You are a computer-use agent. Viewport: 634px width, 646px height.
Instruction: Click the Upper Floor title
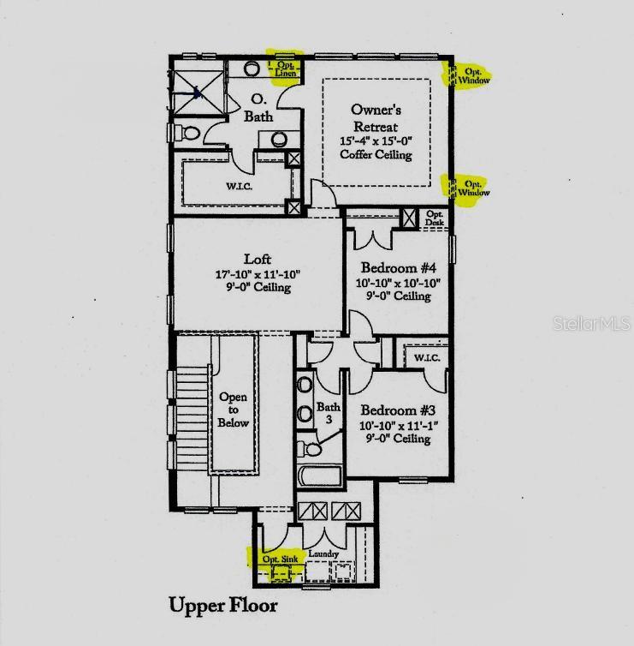click(x=223, y=606)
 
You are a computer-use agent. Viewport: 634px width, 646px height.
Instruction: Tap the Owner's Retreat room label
click(x=376, y=118)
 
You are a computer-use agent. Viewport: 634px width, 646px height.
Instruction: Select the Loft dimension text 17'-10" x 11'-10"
click(x=258, y=274)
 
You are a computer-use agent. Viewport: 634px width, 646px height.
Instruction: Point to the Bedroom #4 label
click(x=398, y=268)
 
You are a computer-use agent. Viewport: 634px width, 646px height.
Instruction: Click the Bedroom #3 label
click(x=398, y=410)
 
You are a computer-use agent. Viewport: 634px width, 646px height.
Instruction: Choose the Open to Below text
click(x=234, y=410)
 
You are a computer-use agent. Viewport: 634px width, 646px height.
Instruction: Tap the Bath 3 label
click(x=329, y=413)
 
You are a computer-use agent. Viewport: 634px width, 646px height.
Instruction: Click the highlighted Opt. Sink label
click(x=280, y=559)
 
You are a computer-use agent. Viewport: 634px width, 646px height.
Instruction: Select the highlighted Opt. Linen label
click(x=286, y=69)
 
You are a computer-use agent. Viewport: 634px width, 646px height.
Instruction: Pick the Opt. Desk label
click(x=435, y=218)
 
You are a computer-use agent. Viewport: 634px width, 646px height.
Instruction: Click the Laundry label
click(x=323, y=554)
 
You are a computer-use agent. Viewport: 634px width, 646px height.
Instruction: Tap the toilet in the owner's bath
click(x=187, y=133)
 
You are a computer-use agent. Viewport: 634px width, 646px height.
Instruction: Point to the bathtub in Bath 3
click(x=320, y=476)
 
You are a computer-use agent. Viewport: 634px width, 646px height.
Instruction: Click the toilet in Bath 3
click(x=309, y=449)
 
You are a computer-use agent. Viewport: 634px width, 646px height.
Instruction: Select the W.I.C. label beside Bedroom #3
click(x=427, y=357)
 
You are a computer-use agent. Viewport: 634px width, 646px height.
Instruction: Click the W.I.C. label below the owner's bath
click(x=239, y=186)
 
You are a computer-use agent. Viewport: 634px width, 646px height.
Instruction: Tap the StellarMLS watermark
click(x=591, y=323)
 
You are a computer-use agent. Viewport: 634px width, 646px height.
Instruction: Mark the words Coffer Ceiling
click(x=376, y=155)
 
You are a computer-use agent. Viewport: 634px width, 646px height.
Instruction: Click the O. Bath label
click(x=258, y=108)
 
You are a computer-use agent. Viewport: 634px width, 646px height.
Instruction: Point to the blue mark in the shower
click(x=197, y=93)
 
